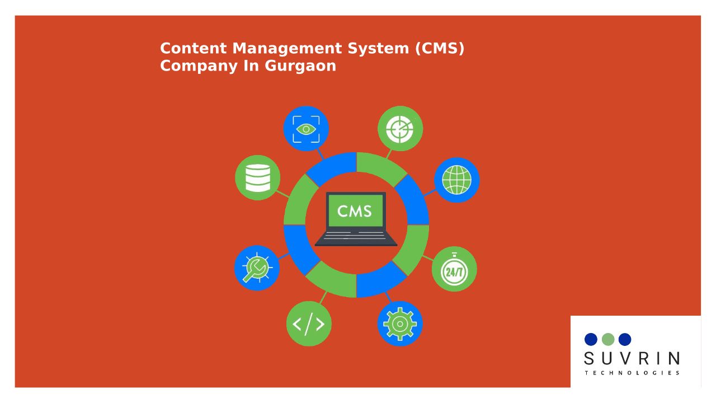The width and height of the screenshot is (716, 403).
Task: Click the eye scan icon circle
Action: (x=306, y=129)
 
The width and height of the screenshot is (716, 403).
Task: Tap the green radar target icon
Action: (x=400, y=129)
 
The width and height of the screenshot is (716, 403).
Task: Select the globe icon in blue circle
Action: (x=457, y=180)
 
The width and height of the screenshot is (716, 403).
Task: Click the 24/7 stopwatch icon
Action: (x=454, y=269)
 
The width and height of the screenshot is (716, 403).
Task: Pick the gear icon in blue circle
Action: (x=400, y=324)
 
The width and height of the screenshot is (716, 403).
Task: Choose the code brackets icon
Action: (x=309, y=324)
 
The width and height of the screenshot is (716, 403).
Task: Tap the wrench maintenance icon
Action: (x=257, y=268)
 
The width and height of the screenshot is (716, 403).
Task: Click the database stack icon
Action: (x=258, y=178)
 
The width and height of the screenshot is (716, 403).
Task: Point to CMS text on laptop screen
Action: (x=355, y=211)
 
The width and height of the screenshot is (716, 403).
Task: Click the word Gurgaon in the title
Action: (x=300, y=67)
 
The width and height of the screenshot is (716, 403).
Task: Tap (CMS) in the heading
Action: (x=440, y=48)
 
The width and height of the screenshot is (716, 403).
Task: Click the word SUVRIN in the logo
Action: (x=632, y=359)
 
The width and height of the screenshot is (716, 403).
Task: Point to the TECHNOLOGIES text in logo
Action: (x=632, y=373)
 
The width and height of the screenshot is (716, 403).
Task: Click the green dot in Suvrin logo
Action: (x=608, y=339)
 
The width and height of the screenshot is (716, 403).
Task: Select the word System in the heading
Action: (x=378, y=49)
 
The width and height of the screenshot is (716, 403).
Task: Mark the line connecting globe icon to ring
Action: (x=430, y=193)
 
